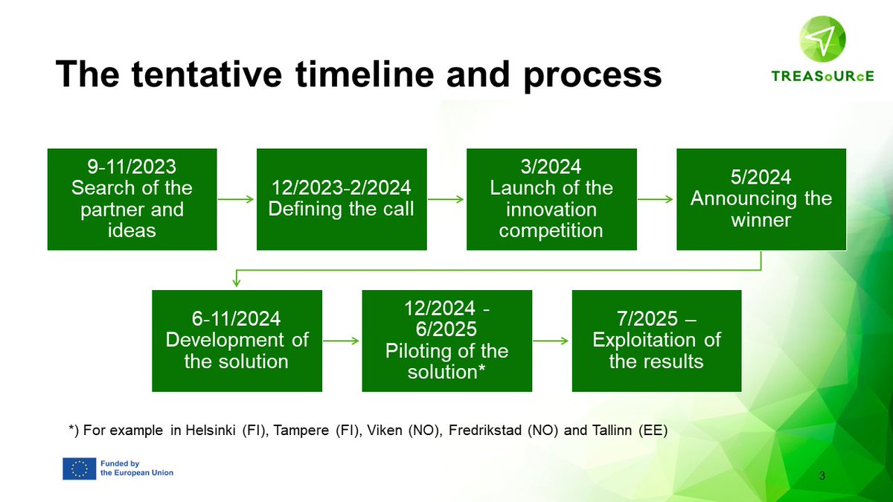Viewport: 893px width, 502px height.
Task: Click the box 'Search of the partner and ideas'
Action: point(132,199)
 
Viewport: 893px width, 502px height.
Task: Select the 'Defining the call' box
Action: point(342,199)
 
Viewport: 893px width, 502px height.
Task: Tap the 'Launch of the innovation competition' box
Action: point(551,199)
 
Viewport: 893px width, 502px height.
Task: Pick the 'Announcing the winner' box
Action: point(761,199)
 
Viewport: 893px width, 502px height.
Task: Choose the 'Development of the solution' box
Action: point(237,341)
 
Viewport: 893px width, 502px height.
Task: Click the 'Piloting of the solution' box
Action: point(447,341)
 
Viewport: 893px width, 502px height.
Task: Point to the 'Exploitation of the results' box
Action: point(656,341)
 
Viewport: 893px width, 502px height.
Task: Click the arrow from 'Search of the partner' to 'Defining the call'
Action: point(236,199)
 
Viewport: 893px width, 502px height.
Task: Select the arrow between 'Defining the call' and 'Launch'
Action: point(446,199)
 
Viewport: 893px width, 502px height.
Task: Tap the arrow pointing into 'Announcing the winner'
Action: point(656,199)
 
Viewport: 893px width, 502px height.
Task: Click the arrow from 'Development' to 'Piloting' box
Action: point(342,341)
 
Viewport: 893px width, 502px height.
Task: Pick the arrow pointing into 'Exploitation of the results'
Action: point(551,341)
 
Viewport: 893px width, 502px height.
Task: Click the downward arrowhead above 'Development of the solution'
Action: point(237,282)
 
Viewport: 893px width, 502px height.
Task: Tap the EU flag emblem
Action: point(80,469)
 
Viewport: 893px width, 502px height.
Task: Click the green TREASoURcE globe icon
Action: point(822,39)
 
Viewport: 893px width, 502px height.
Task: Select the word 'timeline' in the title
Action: point(365,74)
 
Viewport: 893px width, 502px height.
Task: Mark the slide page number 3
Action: point(822,475)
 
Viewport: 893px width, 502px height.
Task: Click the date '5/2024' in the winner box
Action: point(761,177)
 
